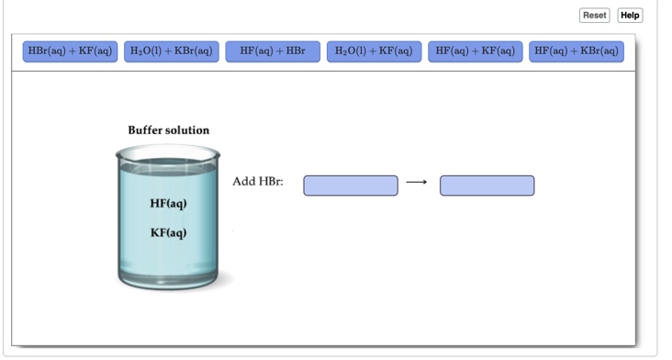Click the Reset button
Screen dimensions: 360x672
point(594,16)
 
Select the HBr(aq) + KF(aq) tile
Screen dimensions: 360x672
point(69,51)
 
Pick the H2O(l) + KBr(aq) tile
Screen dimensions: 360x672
point(172,51)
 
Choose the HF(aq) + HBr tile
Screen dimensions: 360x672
point(273,51)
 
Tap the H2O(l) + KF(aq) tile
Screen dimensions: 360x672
point(374,51)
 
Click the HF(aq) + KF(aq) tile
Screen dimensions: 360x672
point(475,51)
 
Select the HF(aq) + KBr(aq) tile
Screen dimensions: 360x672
point(577,51)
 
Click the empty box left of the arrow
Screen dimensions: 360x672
point(351,186)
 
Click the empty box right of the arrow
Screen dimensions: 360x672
point(487,186)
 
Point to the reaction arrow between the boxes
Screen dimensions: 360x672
point(417,182)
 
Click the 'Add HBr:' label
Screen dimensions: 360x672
point(258,182)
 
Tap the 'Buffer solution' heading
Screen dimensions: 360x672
point(168,130)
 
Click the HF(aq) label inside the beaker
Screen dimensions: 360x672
point(168,202)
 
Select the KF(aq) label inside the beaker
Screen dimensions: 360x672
point(168,232)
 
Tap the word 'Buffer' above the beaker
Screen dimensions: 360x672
point(144,130)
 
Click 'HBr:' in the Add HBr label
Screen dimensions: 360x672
point(272,182)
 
